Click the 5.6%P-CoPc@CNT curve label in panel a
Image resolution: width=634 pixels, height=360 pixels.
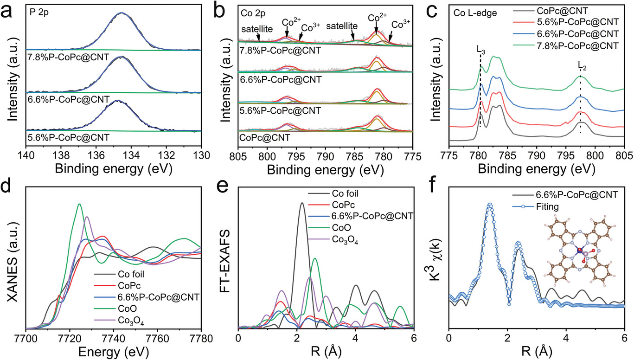point(68,137)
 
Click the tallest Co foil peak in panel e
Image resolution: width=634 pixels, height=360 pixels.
point(302,203)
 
